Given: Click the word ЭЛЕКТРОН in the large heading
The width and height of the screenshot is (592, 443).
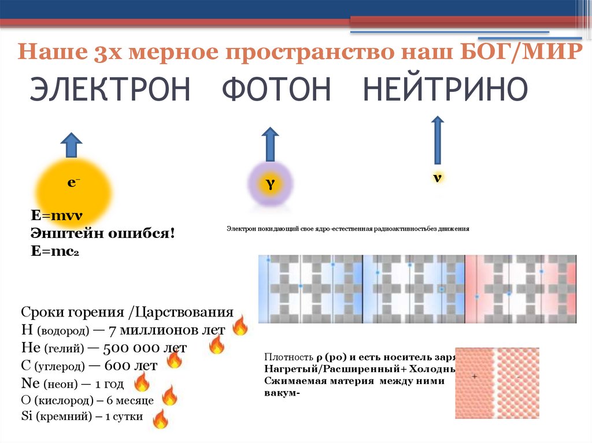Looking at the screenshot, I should click(110, 90).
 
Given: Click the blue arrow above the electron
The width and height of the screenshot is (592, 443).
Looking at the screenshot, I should click(72, 145).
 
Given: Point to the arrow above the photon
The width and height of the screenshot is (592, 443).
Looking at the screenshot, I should click(269, 144).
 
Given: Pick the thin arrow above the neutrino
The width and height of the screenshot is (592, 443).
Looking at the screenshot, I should click(438, 140).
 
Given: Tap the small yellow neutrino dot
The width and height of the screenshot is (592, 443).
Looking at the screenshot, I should click(438, 177).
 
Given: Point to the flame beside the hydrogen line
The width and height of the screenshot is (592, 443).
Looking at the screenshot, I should click(239, 326).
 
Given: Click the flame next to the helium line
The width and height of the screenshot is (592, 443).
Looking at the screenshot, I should click(216, 345).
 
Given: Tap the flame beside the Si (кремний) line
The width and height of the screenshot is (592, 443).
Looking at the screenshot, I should click(160, 418).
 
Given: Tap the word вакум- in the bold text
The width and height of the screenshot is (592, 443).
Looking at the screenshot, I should click(283, 393).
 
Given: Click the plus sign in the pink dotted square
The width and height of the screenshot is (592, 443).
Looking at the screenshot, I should click(475, 376).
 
